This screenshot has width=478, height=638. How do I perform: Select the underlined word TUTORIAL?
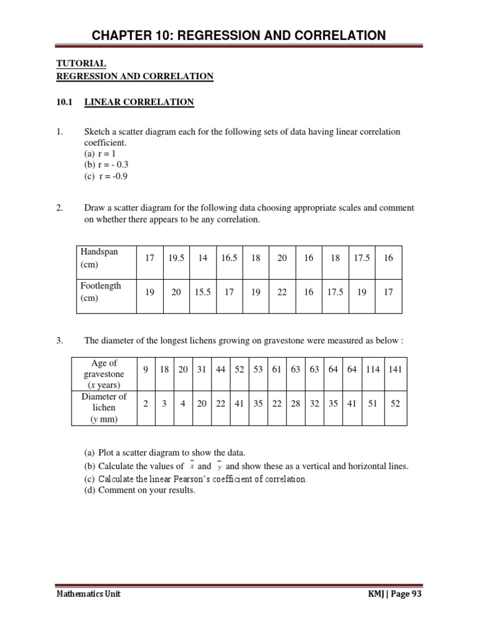pos(81,64)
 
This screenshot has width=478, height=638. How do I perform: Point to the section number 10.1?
pos(65,102)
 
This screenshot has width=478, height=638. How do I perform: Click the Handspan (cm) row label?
pos(98,258)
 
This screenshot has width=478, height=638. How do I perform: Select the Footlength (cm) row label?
pos(100,292)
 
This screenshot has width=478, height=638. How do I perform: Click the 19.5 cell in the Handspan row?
pos(176,258)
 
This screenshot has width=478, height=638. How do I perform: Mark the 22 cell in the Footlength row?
pos(282,292)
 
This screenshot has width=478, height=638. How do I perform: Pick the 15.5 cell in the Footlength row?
pos(202,292)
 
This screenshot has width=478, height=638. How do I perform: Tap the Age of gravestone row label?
pos(104,374)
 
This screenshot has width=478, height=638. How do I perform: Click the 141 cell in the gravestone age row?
pos(395,369)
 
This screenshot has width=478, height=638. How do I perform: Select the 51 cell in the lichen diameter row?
pos(373,404)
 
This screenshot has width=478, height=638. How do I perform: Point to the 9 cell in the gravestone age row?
pos(145,369)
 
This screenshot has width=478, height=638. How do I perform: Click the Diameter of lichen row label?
pos(104,407)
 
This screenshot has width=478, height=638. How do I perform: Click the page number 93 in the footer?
pos(415,594)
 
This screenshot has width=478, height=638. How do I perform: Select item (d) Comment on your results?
pos(139,490)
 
